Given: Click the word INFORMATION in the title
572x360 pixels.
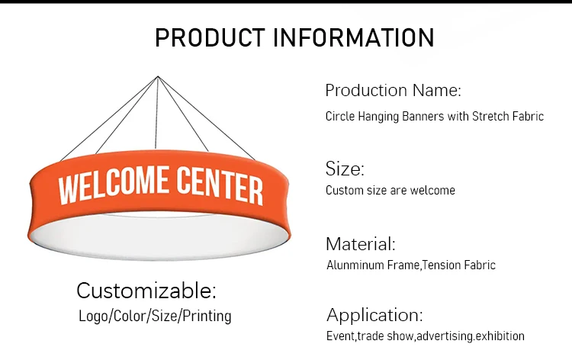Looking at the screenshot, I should [x=353, y=37].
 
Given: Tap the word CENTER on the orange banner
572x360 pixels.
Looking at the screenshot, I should [x=220, y=184].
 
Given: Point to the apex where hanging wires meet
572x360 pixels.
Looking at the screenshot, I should [x=158, y=76].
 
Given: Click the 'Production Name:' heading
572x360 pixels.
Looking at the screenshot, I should [x=393, y=90].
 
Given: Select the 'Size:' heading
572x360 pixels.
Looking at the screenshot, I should [x=345, y=169].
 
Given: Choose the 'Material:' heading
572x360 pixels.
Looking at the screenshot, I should [x=360, y=244].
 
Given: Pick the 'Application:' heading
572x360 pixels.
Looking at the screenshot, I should [x=374, y=314].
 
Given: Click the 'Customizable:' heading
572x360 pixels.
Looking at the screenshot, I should [x=146, y=290].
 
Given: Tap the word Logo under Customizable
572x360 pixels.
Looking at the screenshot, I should [x=93, y=315].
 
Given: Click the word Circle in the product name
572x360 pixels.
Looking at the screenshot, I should [x=340, y=117].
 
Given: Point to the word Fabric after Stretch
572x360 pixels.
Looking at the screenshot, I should [x=525, y=117].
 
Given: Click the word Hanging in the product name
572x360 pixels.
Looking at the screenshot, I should [x=380, y=117].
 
